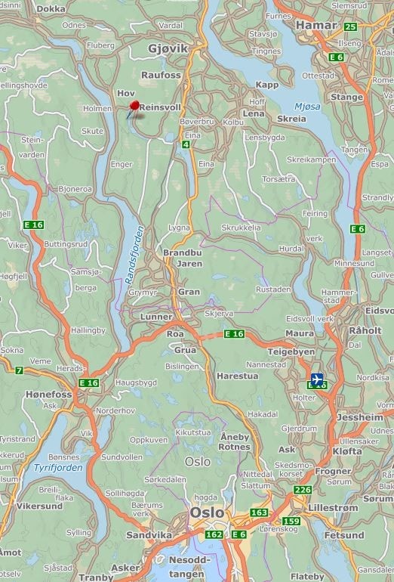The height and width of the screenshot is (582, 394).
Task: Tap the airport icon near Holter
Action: (317, 378)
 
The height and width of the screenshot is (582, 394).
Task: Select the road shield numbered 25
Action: (350, 26)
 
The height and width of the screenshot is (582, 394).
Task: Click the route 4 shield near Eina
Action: (186, 144)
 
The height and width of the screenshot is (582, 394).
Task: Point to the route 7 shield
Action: (19, 370)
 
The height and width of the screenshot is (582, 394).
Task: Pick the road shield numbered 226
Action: (303, 490)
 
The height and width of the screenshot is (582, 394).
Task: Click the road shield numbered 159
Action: (291, 521)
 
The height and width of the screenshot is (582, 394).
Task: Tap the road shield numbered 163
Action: (259, 512)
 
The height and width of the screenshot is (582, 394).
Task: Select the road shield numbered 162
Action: (214, 535)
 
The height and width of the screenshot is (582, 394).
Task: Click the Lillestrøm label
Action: (334, 508)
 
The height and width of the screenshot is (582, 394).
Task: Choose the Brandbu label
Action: (183, 253)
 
